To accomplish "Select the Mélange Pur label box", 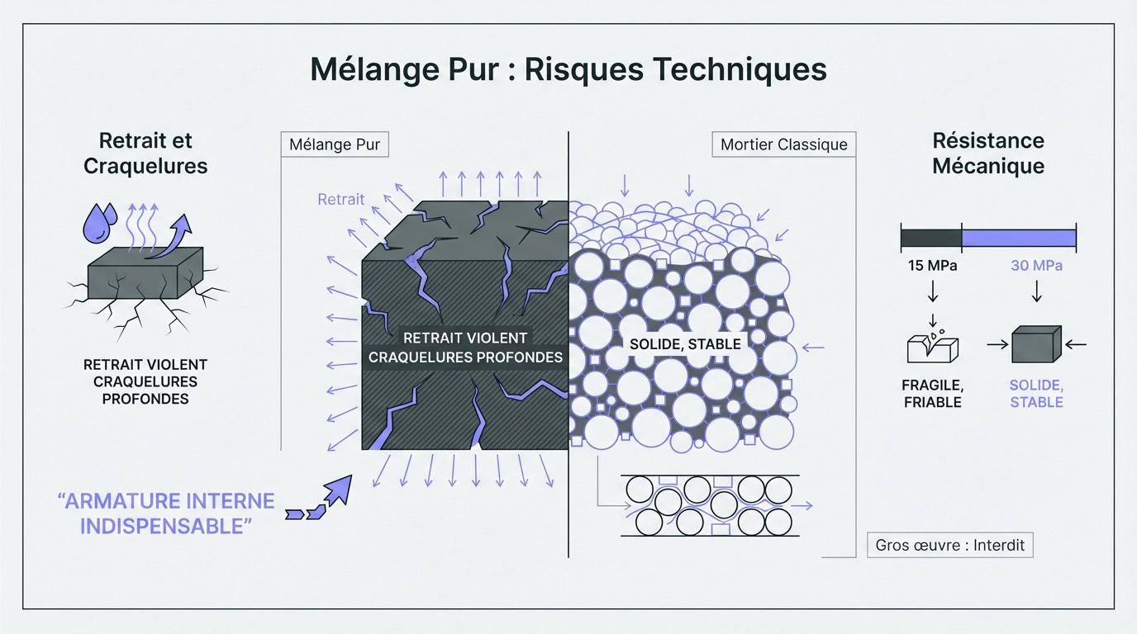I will pyautogui.click(x=335, y=144).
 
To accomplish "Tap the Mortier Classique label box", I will pyautogui.click(x=783, y=144).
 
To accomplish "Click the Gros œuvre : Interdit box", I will pyautogui.click(x=949, y=545).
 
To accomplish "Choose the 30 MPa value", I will pyautogui.click(x=1036, y=266).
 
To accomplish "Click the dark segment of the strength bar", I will pyautogui.click(x=931, y=238).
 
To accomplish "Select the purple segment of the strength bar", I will pyautogui.click(x=1019, y=238).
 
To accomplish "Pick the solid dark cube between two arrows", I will pyautogui.click(x=1036, y=344).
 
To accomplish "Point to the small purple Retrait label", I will pyautogui.click(x=340, y=199).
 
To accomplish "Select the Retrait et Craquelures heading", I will pyautogui.click(x=145, y=153).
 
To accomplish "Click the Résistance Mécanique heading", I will pyautogui.click(x=988, y=153).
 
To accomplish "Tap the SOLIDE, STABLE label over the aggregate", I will pyautogui.click(x=685, y=343).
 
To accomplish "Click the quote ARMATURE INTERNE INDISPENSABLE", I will pyautogui.click(x=165, y=513).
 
